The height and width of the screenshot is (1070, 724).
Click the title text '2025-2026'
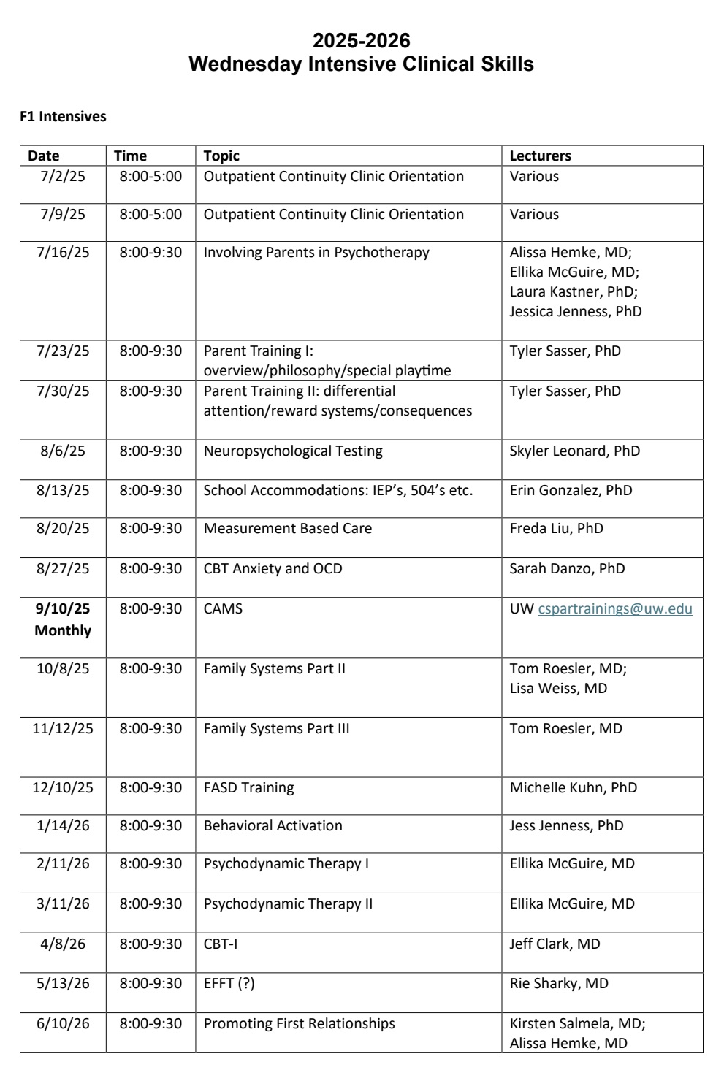point(361,40)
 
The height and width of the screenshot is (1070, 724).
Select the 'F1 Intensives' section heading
point(63,116)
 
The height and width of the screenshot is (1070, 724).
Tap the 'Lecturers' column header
point(540,156)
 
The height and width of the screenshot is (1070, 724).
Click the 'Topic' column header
point(221,156)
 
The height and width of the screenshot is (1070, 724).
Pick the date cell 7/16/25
point(63,252)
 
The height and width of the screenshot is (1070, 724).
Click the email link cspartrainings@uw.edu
point(615,608)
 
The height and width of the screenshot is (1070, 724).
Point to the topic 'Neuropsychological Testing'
point(293,451)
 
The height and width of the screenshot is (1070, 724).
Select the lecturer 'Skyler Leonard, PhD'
point(574,451)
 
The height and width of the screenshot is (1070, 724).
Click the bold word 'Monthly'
point(63,630)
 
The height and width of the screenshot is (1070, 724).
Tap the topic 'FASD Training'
point(248,787)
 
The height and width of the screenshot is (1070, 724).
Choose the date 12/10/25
point(63,787)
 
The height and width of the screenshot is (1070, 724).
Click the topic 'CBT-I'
point(220,944)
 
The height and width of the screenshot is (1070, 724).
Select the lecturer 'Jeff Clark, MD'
point(555,944)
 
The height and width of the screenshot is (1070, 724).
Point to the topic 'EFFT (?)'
point(229,983)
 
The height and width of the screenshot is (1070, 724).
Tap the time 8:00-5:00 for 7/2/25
point(150,176)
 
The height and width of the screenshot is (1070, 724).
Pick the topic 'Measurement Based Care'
point(287,528)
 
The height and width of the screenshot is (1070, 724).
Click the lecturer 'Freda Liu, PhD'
point(556,528)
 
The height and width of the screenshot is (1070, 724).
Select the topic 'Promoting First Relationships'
point(299,1023)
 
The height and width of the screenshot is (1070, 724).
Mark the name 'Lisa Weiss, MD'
point(558,688)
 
